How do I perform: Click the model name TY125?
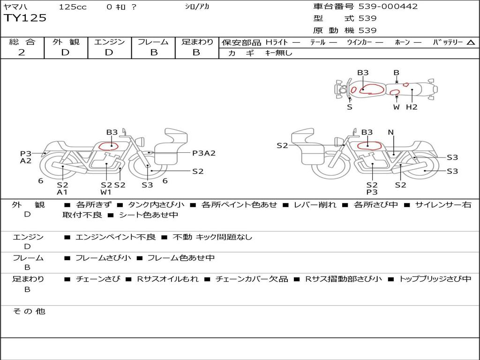click(25, 18)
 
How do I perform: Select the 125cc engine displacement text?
click(73, 7)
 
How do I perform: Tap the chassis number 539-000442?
click(388, 7)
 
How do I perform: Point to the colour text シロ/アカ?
click(197, 7)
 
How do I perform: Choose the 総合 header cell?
click(22, 42)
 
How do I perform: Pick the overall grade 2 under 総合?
click(22, 52)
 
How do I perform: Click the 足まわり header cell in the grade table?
click(197, 42)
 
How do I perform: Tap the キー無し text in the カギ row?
click(278, 53)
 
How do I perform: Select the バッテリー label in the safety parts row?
click(448, 42)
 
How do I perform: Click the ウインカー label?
click(359, 42)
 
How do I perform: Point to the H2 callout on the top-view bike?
click(412, 107)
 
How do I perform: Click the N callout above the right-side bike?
click(390, 132)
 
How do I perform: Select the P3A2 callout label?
click(204, 153)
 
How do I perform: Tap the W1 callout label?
click(106, 192)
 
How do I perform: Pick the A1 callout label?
click(62, 192)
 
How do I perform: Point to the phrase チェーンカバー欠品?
click(252, 279)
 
